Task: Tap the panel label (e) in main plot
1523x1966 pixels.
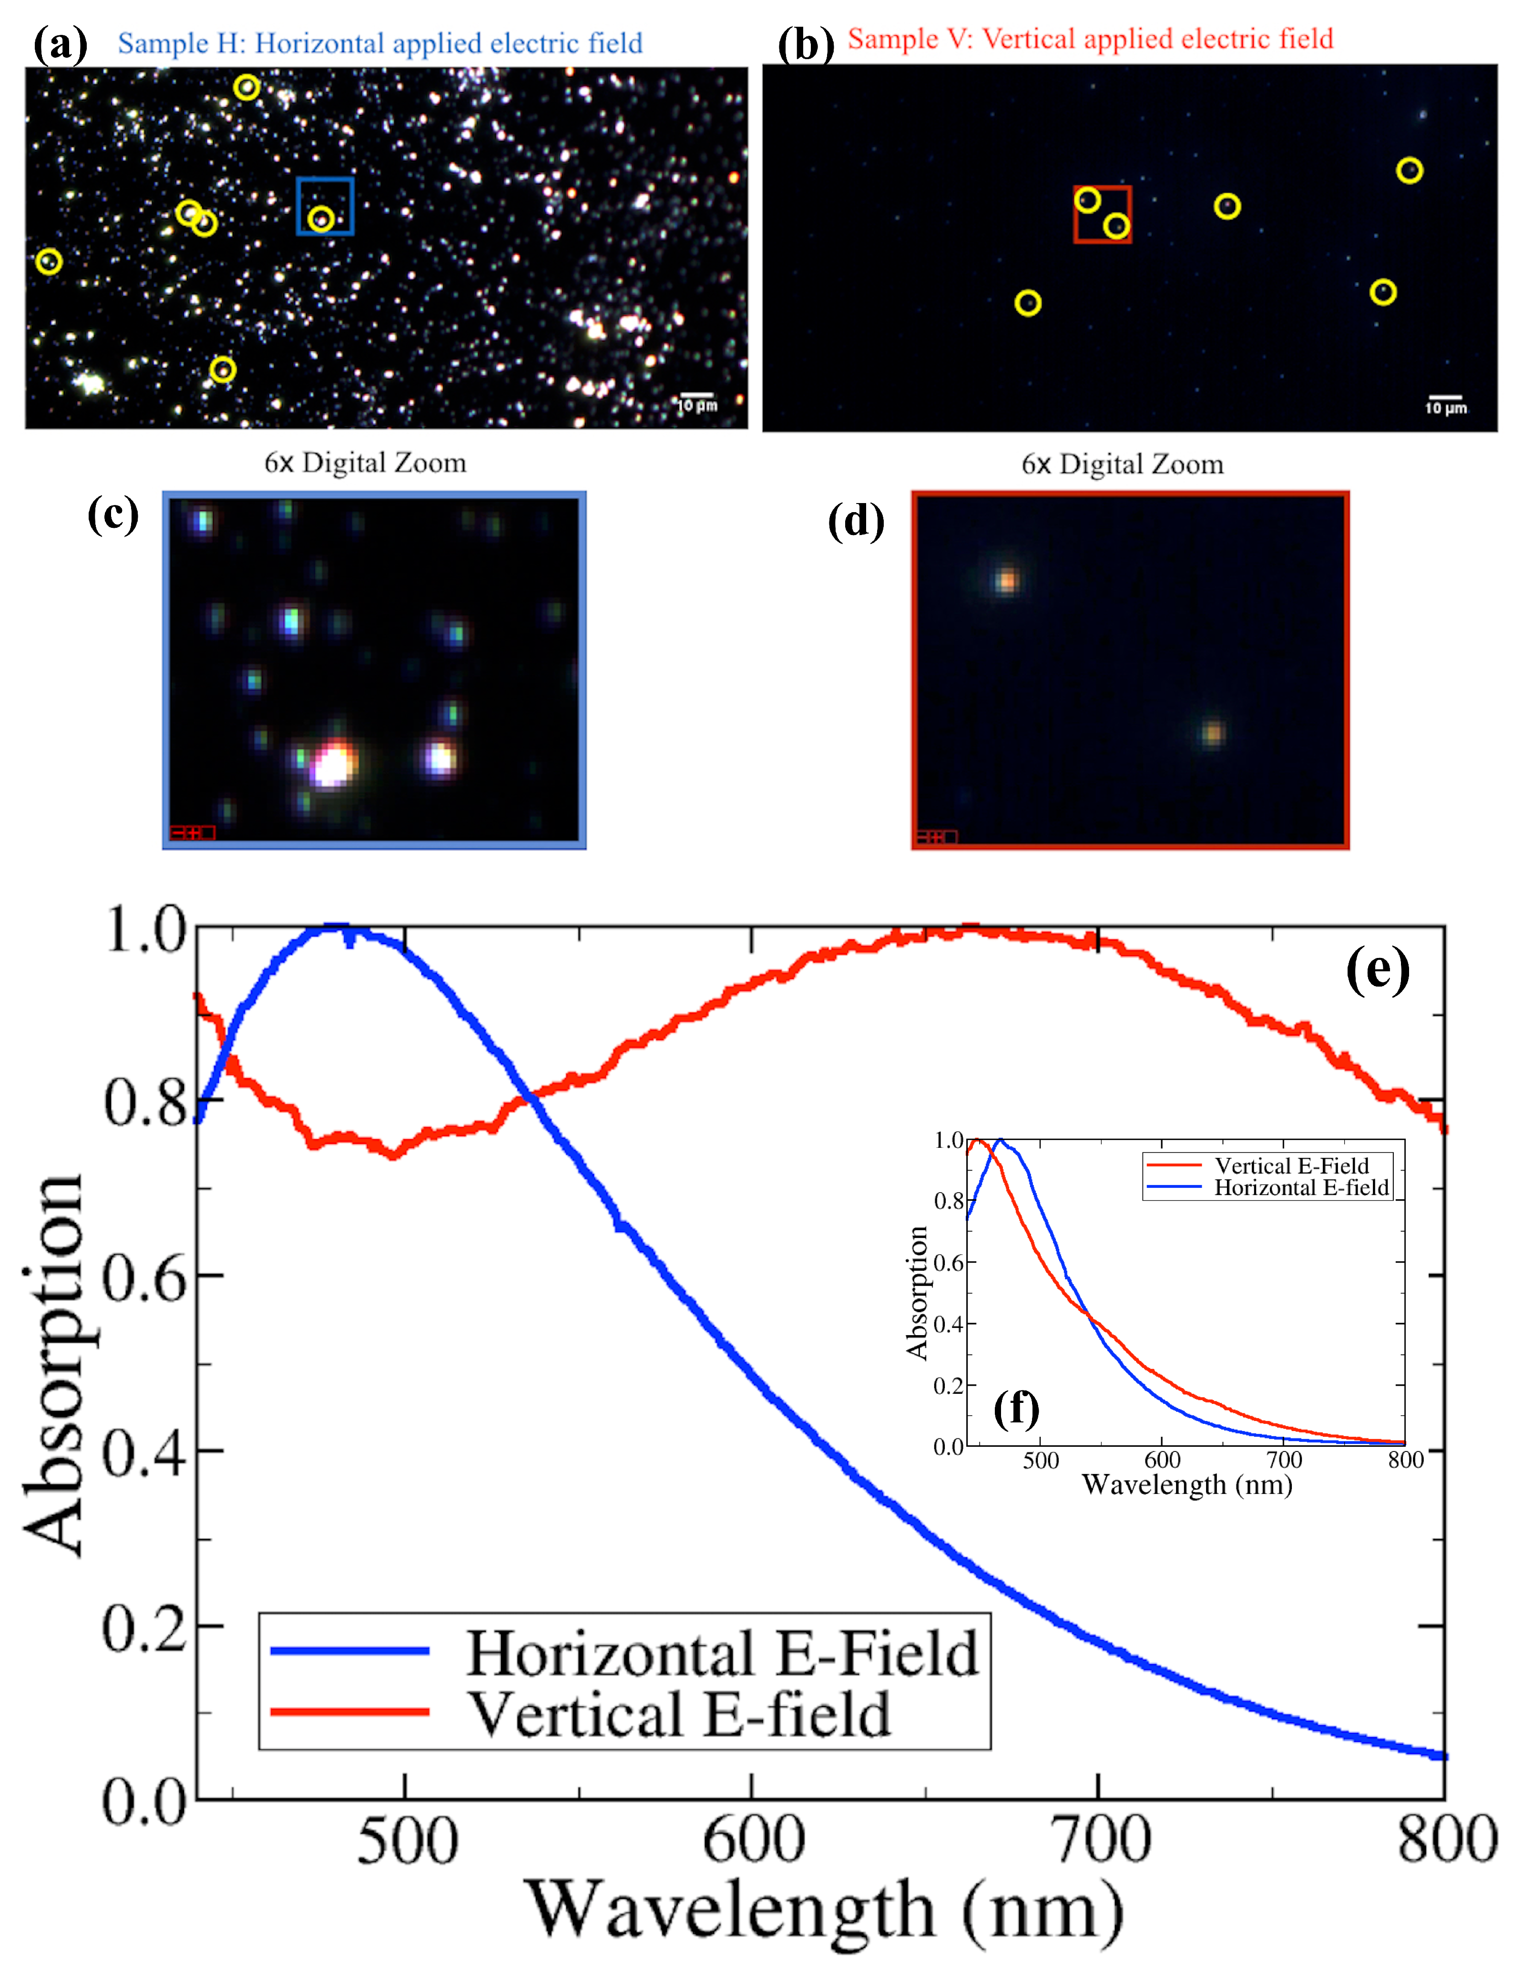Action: click(x=1377, y=970)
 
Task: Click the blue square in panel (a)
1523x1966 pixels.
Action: click(x=325, y=206)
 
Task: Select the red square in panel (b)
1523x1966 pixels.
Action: click(x=1102, y=214)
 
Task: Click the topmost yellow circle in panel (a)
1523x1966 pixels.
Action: click(x=246, y=87)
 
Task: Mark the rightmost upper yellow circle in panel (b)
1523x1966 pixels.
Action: click(x=1409, y=170)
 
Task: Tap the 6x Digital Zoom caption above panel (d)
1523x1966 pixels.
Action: click(x=1122, y=464)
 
